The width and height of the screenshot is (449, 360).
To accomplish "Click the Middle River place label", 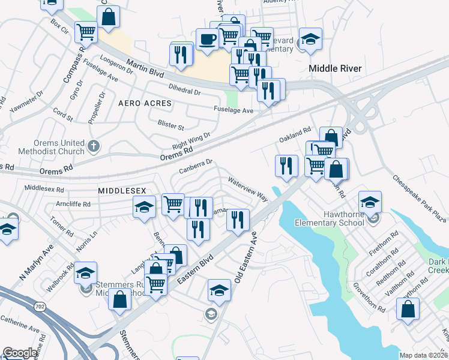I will click(335, 68).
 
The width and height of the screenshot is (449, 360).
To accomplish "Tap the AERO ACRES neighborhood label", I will click(145, 103).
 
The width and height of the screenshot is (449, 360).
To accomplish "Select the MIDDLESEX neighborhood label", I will click(122, 190).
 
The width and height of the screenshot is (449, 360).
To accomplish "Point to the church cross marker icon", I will click(93, 145).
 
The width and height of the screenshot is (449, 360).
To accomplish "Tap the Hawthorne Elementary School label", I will click(330, 218).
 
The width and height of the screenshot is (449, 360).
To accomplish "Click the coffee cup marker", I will click(208, 40).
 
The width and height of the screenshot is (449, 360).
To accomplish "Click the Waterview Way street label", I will click(247, 188).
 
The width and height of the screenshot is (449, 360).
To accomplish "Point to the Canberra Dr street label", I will click(196, 166).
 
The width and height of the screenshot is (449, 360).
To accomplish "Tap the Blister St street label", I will click(171, 127).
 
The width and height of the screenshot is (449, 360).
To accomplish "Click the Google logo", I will click(20, 353).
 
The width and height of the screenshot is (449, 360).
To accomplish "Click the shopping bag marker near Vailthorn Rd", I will click(408, 310).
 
